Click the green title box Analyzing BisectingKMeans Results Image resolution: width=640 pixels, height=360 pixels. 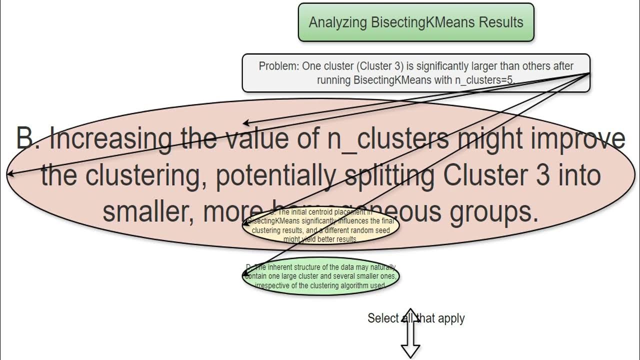point(416,22)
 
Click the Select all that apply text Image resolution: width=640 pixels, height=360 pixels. point(416,318)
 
